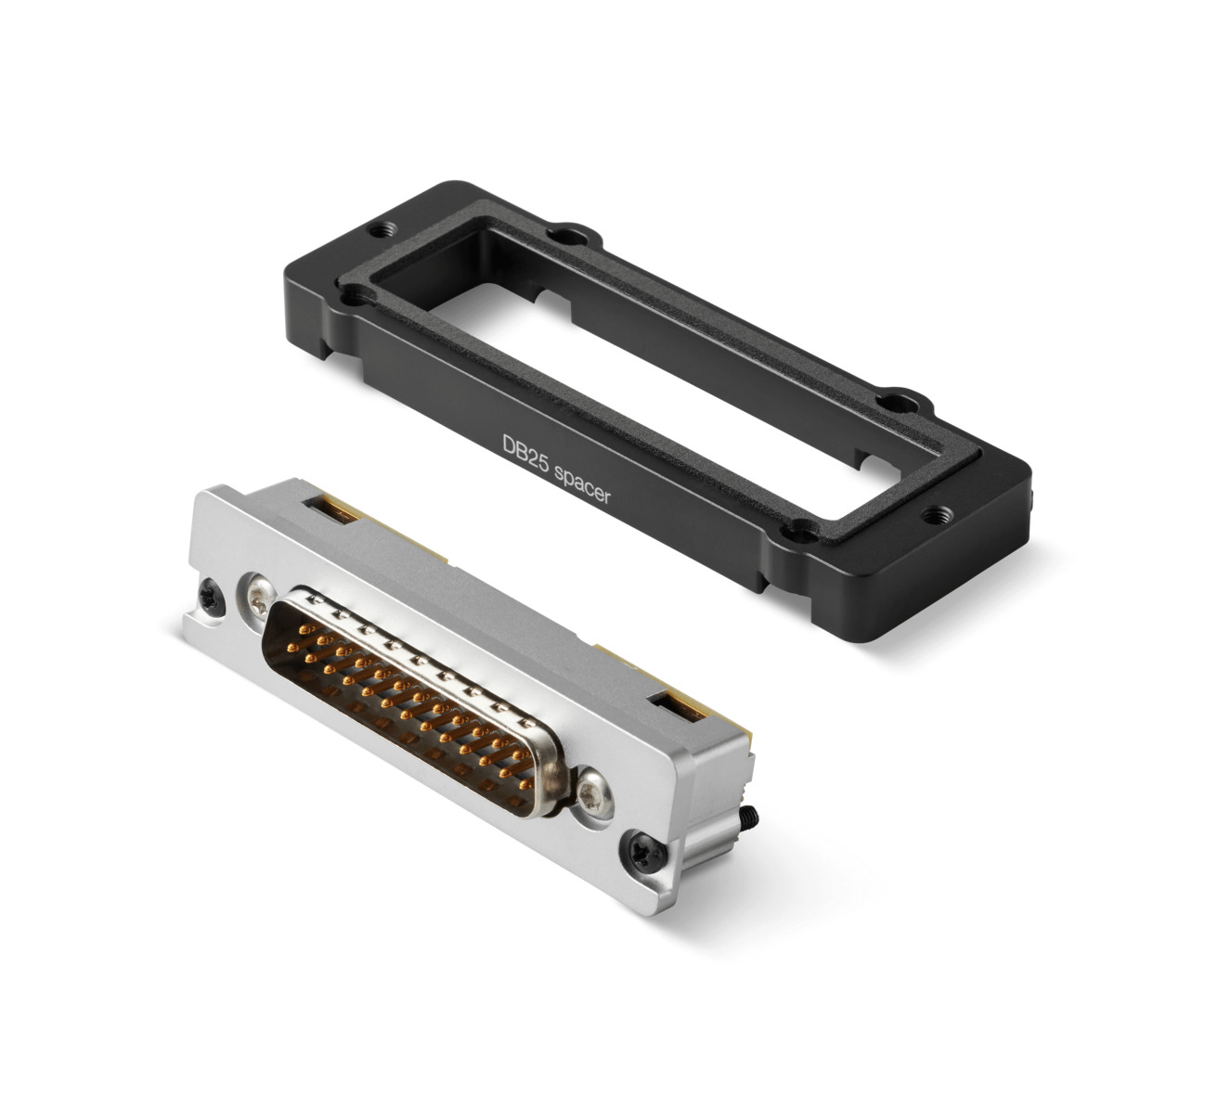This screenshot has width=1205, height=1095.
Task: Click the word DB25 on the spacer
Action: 525,453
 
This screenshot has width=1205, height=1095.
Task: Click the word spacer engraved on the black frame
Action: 582,486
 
